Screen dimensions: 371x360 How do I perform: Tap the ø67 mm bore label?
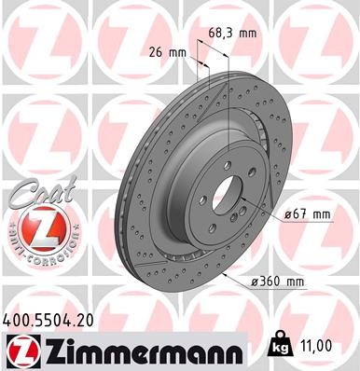click(309, 214)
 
